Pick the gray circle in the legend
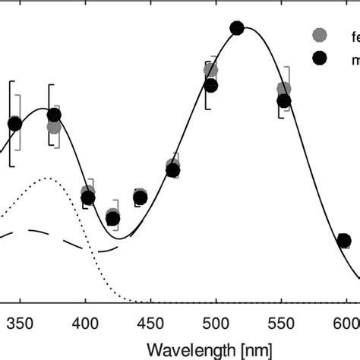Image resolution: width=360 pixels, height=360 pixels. point(320,35)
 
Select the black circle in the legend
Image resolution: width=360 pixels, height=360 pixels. point(320,58)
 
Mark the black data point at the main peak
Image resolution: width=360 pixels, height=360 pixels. point(236,28)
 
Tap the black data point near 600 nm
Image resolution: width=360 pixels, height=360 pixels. point(343,242)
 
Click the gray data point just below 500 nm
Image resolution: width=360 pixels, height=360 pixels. point(210,70)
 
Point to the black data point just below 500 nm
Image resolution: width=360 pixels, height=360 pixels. point(211,85)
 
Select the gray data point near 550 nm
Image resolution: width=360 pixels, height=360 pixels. point(283,89)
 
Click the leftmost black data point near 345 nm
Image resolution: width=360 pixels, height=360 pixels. point(14,124)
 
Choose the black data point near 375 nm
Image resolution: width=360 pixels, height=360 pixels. point(54,115)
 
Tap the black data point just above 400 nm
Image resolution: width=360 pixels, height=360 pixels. point(88,198)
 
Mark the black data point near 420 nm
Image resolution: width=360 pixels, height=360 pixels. point(113,219)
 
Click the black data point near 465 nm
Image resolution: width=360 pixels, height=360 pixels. point(172,171)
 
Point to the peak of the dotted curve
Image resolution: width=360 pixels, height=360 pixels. point(47,178)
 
